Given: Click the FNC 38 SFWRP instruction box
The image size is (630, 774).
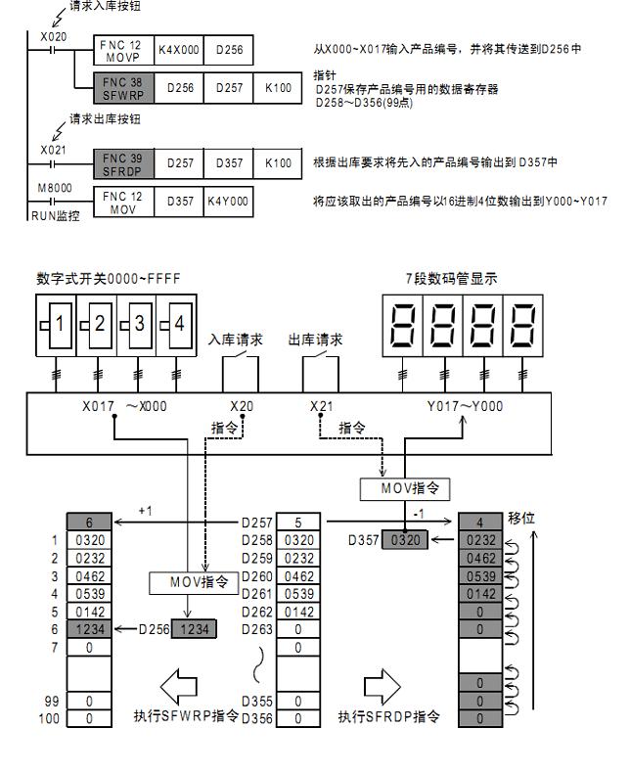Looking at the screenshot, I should [x=123, y=89].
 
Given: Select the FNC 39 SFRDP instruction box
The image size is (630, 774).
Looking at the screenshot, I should [x=123, y=162].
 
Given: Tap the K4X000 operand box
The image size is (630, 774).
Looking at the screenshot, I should [x=177, y=47].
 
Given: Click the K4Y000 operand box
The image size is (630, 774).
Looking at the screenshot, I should [x=228, y=202].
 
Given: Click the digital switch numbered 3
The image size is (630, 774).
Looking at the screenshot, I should [x=137, y=324].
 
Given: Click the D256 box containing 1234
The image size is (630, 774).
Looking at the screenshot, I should [x=193, y=629].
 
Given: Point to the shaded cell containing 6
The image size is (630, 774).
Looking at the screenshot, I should [x=89, y=523].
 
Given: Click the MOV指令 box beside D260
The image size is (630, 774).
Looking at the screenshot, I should [x=198, y=582].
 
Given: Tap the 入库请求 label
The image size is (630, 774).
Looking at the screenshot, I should [x=237, y=340].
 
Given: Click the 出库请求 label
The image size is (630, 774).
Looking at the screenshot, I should [x=316, y=340].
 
